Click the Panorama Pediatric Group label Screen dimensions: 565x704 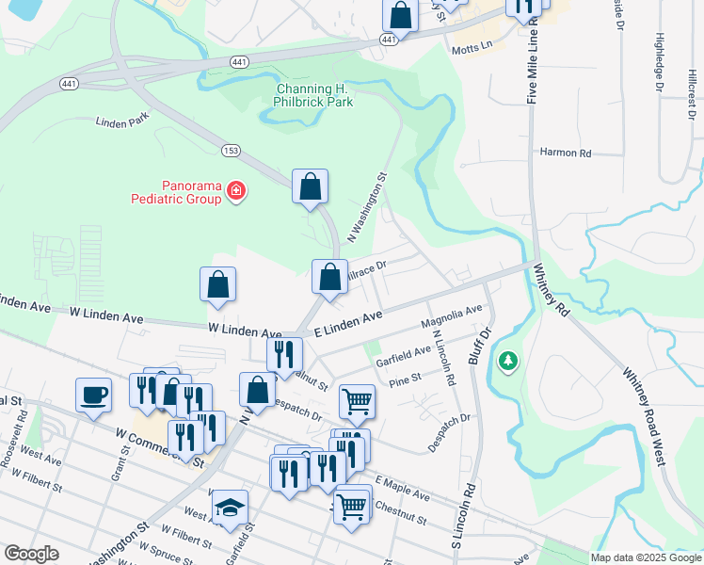click(x=177, y=192)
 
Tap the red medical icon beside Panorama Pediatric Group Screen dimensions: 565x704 click(x=236, y=192)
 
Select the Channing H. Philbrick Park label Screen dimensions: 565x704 click(x=314, y=95)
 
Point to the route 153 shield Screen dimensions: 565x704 click(x=231, y=151)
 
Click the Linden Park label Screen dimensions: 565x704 click(x=122, y=121)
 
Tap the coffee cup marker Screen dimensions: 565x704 click(x=93, y=395)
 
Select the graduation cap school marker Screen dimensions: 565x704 click(x=230, y=508)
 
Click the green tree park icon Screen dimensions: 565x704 click(x=508, y=361)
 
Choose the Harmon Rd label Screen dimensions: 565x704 click(x=565, y=153)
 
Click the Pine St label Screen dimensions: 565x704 click(x=405, y=380)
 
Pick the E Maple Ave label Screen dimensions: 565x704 click(x=401, y=489)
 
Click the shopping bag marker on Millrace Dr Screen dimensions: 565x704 click(x=329, y=278)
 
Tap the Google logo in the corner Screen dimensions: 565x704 click(x=31, y=554)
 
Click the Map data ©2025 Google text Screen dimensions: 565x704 click(x=646, y=557)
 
